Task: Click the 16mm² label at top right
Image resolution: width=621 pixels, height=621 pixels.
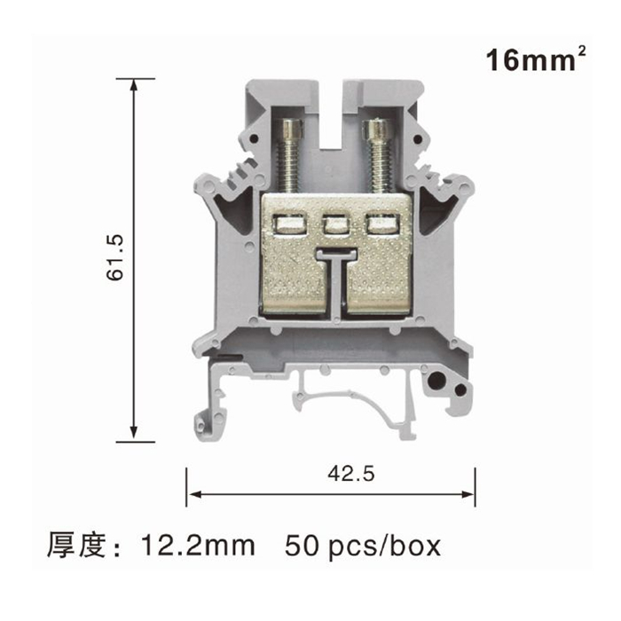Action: [x=536, y=59]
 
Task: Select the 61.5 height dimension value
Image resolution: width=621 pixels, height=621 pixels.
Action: [x=115, y=258]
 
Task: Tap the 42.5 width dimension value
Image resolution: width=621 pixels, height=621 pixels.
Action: [x=351, y=474]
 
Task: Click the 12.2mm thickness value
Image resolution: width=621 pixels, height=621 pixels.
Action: [x=198, y=546]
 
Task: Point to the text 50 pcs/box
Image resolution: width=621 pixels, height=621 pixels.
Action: [x=362, y=546]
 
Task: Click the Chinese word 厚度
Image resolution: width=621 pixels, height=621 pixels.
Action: [x=76, y=546]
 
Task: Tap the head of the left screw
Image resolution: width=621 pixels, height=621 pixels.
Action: [x=290, y=130]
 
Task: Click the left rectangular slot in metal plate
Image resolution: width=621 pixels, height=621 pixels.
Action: [x=290, y=225]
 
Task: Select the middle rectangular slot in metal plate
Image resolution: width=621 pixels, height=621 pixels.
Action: [x=335, y=225]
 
